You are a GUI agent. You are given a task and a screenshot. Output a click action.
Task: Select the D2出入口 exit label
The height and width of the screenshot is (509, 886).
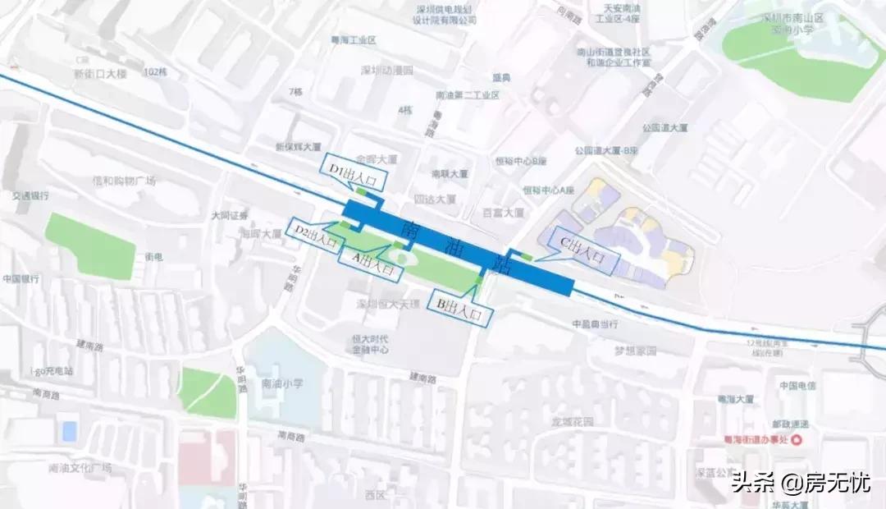pyautogui.click(x=315, y=236)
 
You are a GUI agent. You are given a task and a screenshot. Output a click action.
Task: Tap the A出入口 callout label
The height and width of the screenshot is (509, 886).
pyautogui.click(x=371, y=261)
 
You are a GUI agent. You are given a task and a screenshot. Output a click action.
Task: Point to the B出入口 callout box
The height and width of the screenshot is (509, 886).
pyautogui.click(x=465, y=307)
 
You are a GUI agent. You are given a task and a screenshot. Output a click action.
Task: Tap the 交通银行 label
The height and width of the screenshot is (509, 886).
pyautogui.click(x=30, y=196)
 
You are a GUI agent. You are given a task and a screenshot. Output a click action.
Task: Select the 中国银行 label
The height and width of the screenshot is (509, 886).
pyautogui.click(x=22, y=279)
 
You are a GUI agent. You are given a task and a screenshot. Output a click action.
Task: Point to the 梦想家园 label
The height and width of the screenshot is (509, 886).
pyautogui.click(x=636, y=351)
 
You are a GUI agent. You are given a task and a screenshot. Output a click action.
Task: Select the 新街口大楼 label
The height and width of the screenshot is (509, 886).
pyautogui.click(x=101, y=73)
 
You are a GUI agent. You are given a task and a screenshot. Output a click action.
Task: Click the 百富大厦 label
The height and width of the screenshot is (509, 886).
pyautogui.click(x=503, y=213)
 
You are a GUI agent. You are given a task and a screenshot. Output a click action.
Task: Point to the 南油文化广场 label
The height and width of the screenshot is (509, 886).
pyautogui.click(x=80, y=469)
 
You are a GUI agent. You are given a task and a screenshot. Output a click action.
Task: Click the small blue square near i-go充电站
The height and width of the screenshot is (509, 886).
pyautogui.click(x=70, y=429)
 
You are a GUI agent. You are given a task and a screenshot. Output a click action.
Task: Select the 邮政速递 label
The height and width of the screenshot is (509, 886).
pyautogui.click(x=795, y=424)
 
